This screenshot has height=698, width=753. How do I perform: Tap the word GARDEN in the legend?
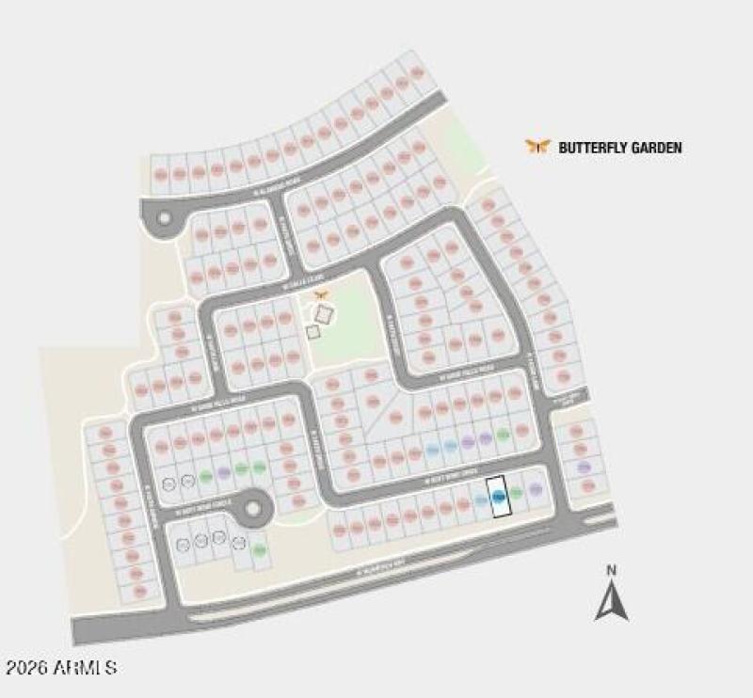(654, 148)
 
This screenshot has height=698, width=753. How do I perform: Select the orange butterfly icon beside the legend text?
(537, 146)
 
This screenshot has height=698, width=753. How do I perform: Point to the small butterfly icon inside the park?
(321, 295)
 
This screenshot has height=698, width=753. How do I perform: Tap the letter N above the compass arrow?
(611, 570)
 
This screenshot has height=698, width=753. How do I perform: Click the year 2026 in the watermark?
(26, 668)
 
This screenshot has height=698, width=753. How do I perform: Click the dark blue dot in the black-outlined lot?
(499, 496)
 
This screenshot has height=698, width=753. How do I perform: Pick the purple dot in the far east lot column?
(584, 467)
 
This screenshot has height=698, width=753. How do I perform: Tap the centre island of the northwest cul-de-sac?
(164, 218)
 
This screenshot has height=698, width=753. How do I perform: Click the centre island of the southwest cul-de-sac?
(252, 510)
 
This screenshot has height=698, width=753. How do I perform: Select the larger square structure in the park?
(324, 313)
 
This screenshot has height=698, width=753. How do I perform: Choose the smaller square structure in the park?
(312, 331)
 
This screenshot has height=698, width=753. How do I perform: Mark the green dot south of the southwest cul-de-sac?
(259, 549)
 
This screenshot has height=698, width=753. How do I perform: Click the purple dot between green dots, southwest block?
(223, 472)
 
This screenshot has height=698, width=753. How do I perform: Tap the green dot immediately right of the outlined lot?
(516, 493)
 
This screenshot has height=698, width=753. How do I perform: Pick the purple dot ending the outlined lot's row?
(535, 489)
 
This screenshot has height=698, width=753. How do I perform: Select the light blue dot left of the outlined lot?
(481, 500)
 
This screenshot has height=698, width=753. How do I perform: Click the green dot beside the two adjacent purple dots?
(503, 435)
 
